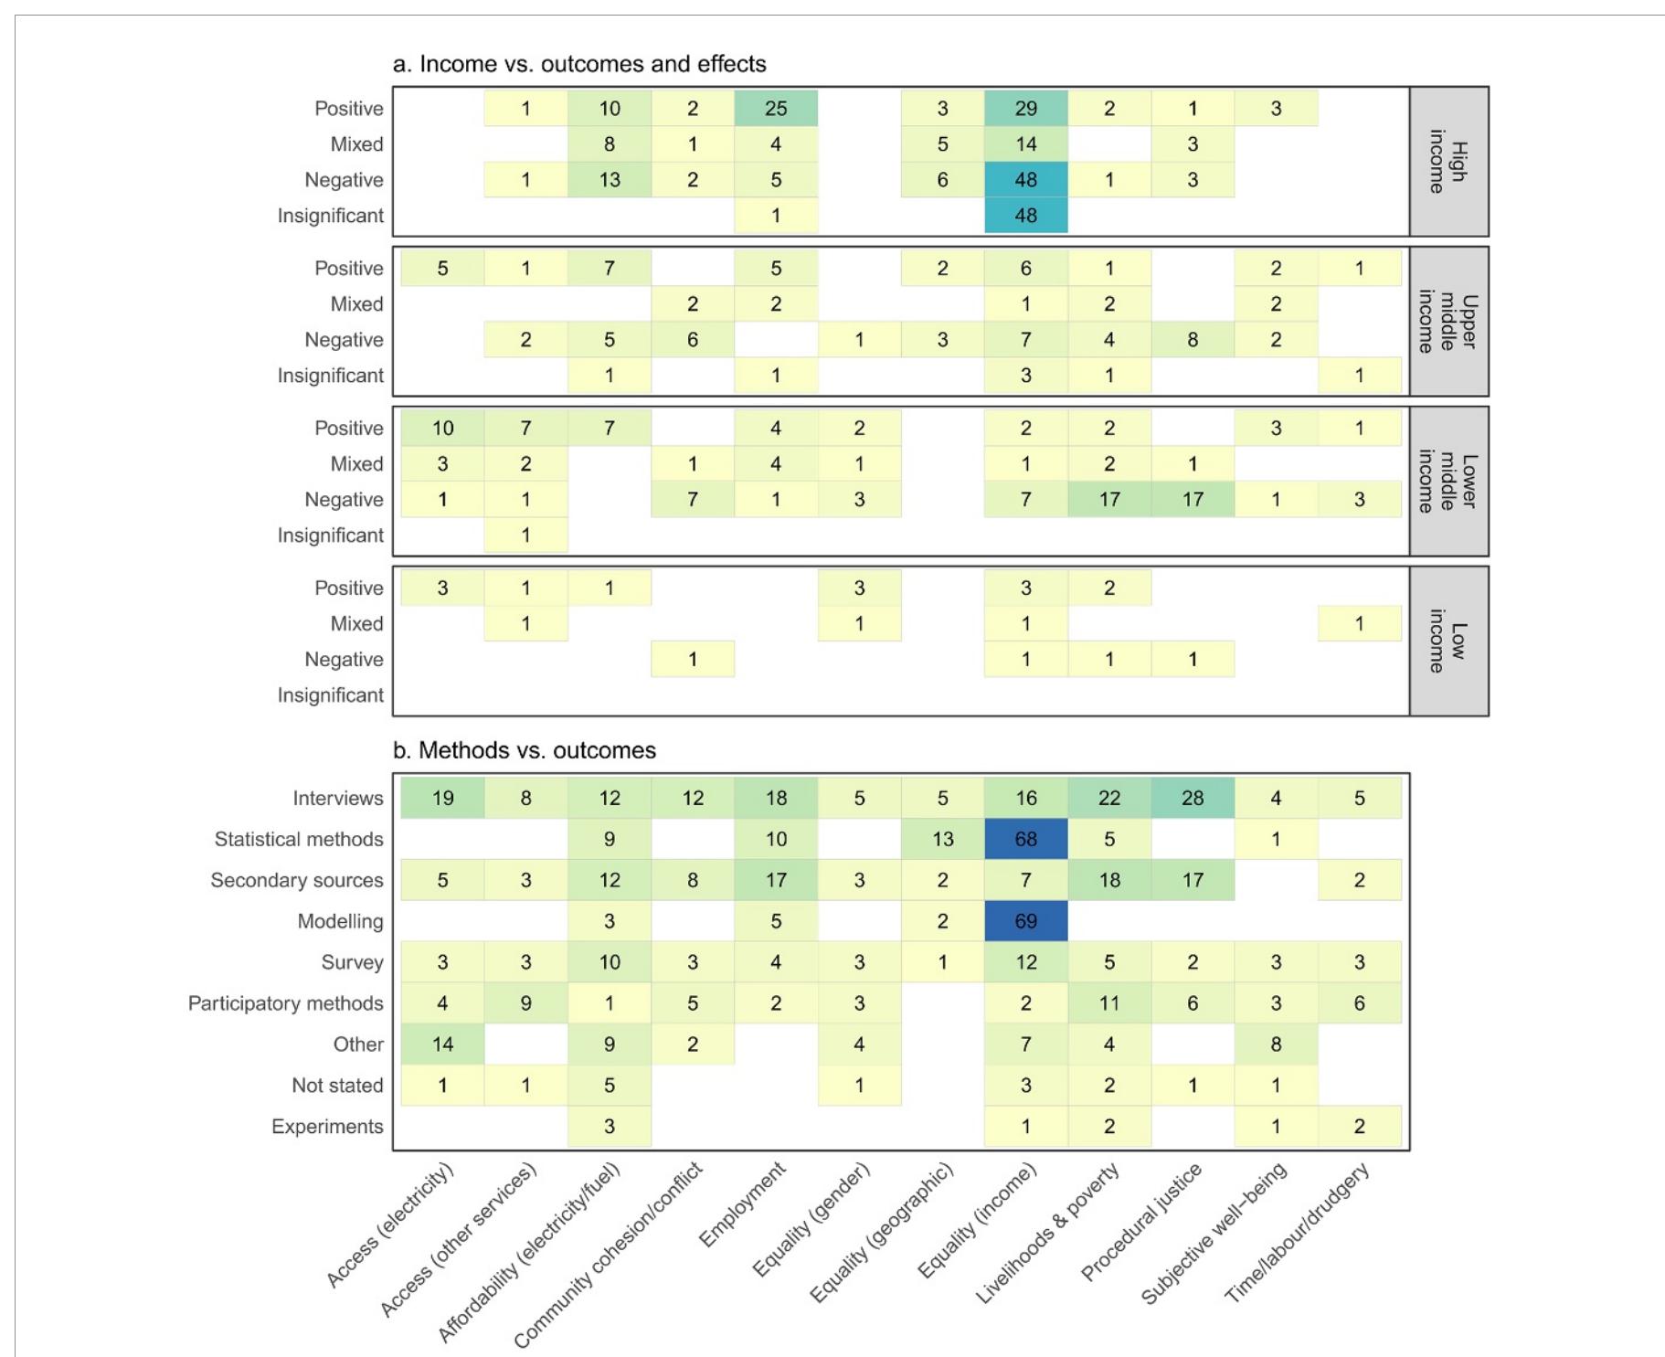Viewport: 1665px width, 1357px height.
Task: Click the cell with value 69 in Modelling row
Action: (x=1025, y=921)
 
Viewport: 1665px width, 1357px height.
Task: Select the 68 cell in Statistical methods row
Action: (x=1025, y=839)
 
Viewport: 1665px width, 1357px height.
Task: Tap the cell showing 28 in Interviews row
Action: (x=1192, y=798)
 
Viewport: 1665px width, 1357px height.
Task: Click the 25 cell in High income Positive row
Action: (x=776, y=109)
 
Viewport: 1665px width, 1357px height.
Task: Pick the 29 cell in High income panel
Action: (x=1025, y=109)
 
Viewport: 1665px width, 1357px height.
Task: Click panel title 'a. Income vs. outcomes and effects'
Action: (x=579, y=64)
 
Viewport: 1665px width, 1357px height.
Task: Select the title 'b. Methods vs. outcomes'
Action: (x=525, y=750)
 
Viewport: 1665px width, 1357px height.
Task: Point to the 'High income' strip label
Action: (x=1448, y=162)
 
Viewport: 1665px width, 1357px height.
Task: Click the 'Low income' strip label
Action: (x=1448, y=641)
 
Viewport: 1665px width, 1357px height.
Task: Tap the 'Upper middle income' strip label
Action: (x=1448, y=322)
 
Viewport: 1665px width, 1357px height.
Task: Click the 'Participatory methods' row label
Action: (x=285, y=1003)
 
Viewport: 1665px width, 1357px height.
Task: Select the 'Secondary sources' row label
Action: (x=296, y=880)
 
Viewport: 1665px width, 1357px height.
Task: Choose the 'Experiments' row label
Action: (x=326, y=1127)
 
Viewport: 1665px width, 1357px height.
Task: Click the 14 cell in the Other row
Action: (x=442, y=1044)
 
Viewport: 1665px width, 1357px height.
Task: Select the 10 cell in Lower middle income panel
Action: (x=442, y=428)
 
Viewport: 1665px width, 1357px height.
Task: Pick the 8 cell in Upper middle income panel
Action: (x=1192, y=340)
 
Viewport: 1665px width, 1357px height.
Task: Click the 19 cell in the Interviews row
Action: (x=442, y=798)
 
